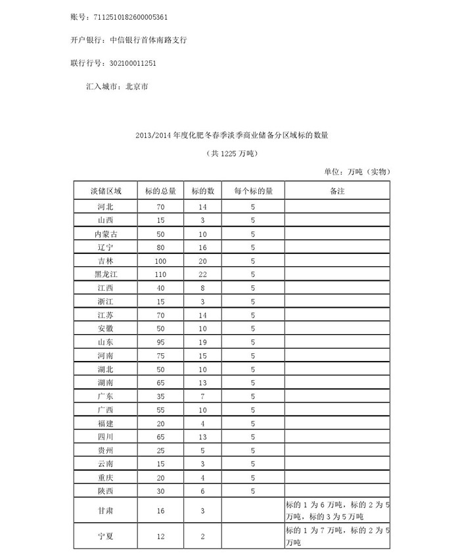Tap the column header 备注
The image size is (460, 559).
click(337, 191)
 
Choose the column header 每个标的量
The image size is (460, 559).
click(252, 191)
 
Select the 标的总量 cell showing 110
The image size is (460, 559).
click(160, 274)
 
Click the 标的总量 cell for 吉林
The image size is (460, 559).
click(160, 261)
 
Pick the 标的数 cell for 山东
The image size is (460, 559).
click(203, 342)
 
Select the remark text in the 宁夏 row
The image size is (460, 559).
click(336, 537)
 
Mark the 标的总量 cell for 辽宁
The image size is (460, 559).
click(160, 247)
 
